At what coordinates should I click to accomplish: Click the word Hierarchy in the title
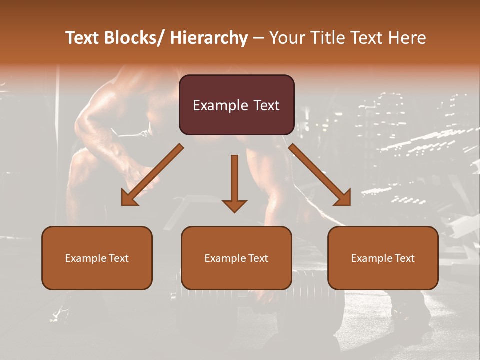pyautogui.click(x=209, y=38)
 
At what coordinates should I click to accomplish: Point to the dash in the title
pyautogui.click(x=258, y=38)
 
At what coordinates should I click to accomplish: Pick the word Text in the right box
pyautogui.click(x=404, y=258)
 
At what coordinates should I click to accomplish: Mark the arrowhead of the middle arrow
pyautogui.click(x=234, y=206)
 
